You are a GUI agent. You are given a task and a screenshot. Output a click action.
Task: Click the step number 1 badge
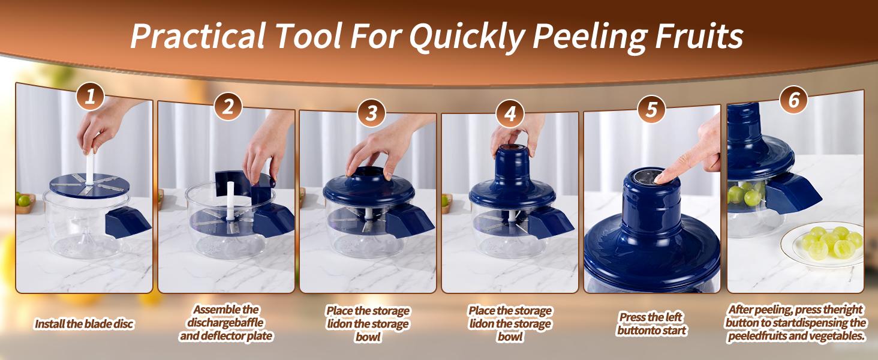click(x=90, y=97)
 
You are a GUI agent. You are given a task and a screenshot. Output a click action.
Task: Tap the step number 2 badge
click(x=228, y=107)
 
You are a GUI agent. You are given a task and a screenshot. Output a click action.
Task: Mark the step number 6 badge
click(x=793, y=100)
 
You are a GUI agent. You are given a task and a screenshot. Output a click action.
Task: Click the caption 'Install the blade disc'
click(x=84, y=324)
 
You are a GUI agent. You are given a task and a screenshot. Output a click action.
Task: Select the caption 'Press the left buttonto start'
click(x=651, y=323)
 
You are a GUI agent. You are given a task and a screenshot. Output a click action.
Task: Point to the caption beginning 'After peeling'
click(x=796, y=323)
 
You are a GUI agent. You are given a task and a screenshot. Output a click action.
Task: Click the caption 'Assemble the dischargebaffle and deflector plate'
click(x=226, y=323)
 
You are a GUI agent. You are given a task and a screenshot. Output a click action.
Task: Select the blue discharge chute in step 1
click(x=128, y=224)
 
